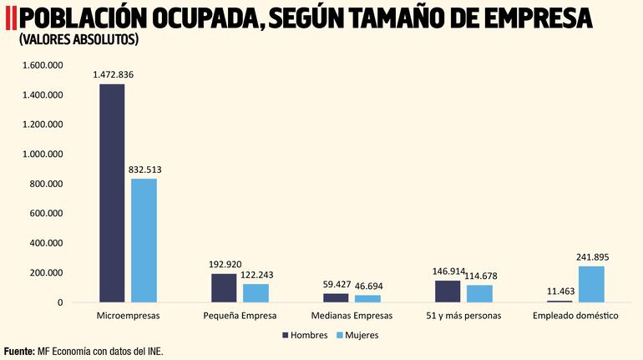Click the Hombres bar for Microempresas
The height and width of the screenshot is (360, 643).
pos(112,193)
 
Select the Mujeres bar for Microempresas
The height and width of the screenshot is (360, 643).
pos(144,241)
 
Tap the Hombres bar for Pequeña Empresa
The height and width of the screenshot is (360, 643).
pos(224,288)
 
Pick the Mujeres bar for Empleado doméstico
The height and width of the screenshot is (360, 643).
pos(591,284)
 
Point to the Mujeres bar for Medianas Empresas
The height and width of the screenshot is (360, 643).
pos(367,298)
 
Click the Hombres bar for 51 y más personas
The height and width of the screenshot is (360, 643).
pos(448,292)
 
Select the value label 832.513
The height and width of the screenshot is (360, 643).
pos(144,170)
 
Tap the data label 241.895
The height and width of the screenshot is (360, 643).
pos(592,257)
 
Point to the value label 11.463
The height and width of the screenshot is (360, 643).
pos(559,292)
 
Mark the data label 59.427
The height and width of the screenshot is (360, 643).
pos(337,285)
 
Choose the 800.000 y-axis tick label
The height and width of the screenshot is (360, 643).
pos(46,184)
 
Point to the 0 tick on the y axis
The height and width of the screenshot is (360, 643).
pos(60,302)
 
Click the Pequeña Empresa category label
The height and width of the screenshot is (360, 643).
pos(240,317)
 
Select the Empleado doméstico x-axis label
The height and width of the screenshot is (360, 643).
pos(575,317)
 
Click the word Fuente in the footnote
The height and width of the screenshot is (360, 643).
pos(18,352)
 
